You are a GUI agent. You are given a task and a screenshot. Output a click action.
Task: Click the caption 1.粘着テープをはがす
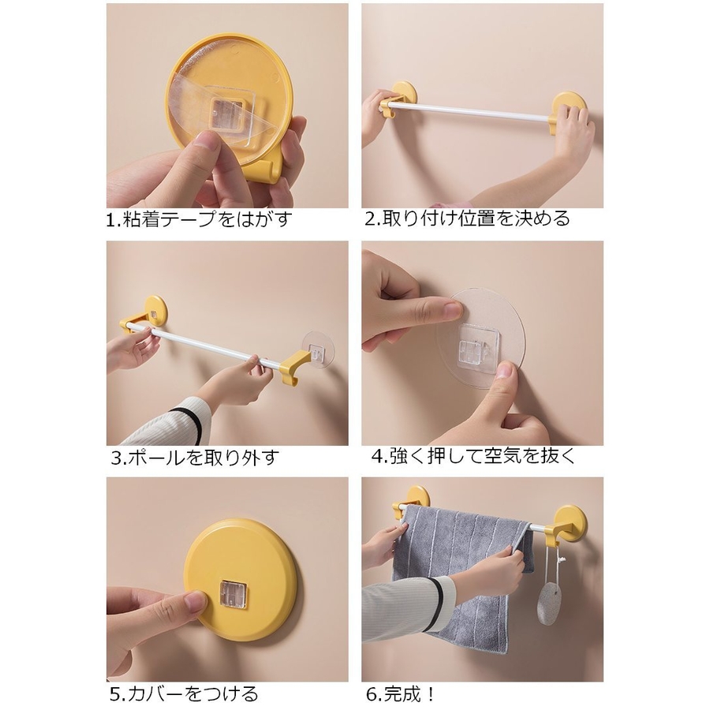click(198, 220)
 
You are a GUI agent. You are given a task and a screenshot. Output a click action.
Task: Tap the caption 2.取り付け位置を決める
click(467, 219)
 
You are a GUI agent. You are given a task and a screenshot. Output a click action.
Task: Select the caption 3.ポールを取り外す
click(195, 458)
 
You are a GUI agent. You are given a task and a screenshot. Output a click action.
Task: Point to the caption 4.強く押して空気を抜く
click(473, 455)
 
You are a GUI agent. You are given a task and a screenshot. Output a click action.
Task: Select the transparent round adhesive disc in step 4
click(480, 338)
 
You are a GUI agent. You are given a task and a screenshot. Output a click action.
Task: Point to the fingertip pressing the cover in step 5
click(196, 602)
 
